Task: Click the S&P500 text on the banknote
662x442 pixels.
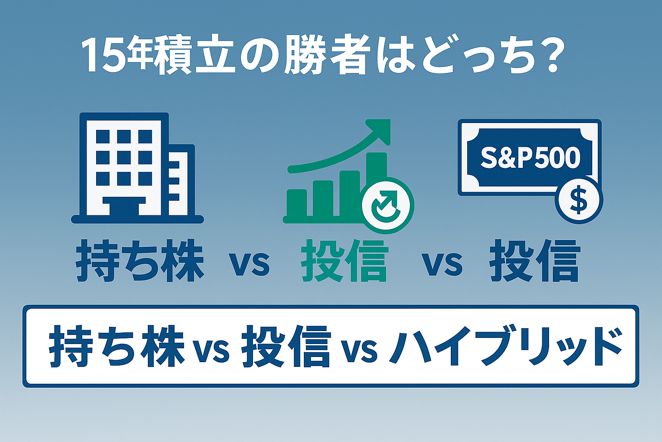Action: click(x=530, y=158)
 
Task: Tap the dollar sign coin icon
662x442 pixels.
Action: click(x=578, y=200)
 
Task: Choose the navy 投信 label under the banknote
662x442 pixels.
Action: click(x=534, y=262)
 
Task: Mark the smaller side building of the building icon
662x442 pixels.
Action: click(x=181, y=181)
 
